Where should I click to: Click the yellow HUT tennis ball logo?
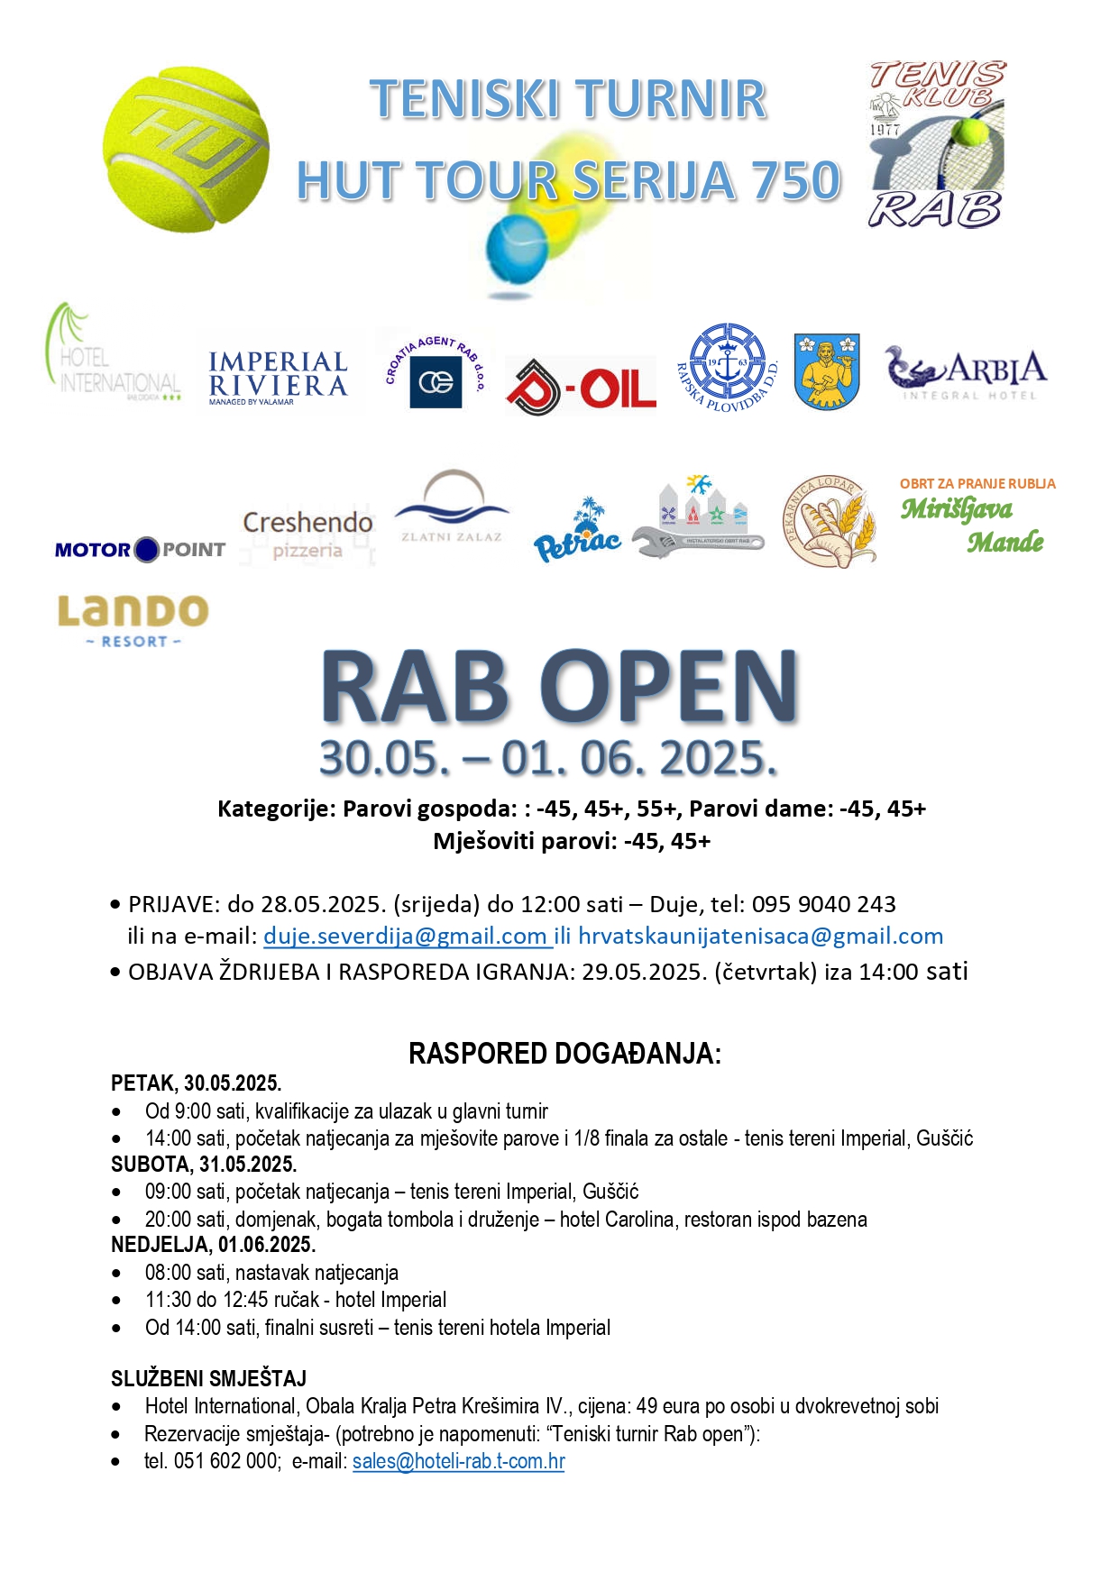coord(186,150)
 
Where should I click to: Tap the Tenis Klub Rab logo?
coord(937,144)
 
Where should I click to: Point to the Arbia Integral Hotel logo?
coord(967,372)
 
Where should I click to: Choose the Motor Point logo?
coord(140,549)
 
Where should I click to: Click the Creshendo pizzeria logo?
coord(307,535)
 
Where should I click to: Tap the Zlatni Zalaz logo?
coord(452,508)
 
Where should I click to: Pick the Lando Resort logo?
coord(133,620)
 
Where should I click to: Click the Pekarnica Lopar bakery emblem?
coord(829,522)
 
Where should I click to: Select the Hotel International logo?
coord(113,361)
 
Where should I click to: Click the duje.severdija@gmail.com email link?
coord(407,937)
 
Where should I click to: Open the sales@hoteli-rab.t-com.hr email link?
coord(458,1461)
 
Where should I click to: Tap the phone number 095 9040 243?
coord(823,904)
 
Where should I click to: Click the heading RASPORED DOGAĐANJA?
coord(564,1054)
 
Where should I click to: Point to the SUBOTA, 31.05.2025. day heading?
coord(204,1164)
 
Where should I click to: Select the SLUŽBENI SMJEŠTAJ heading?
coord(208,1378)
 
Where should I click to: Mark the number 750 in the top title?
coord(794,180)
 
